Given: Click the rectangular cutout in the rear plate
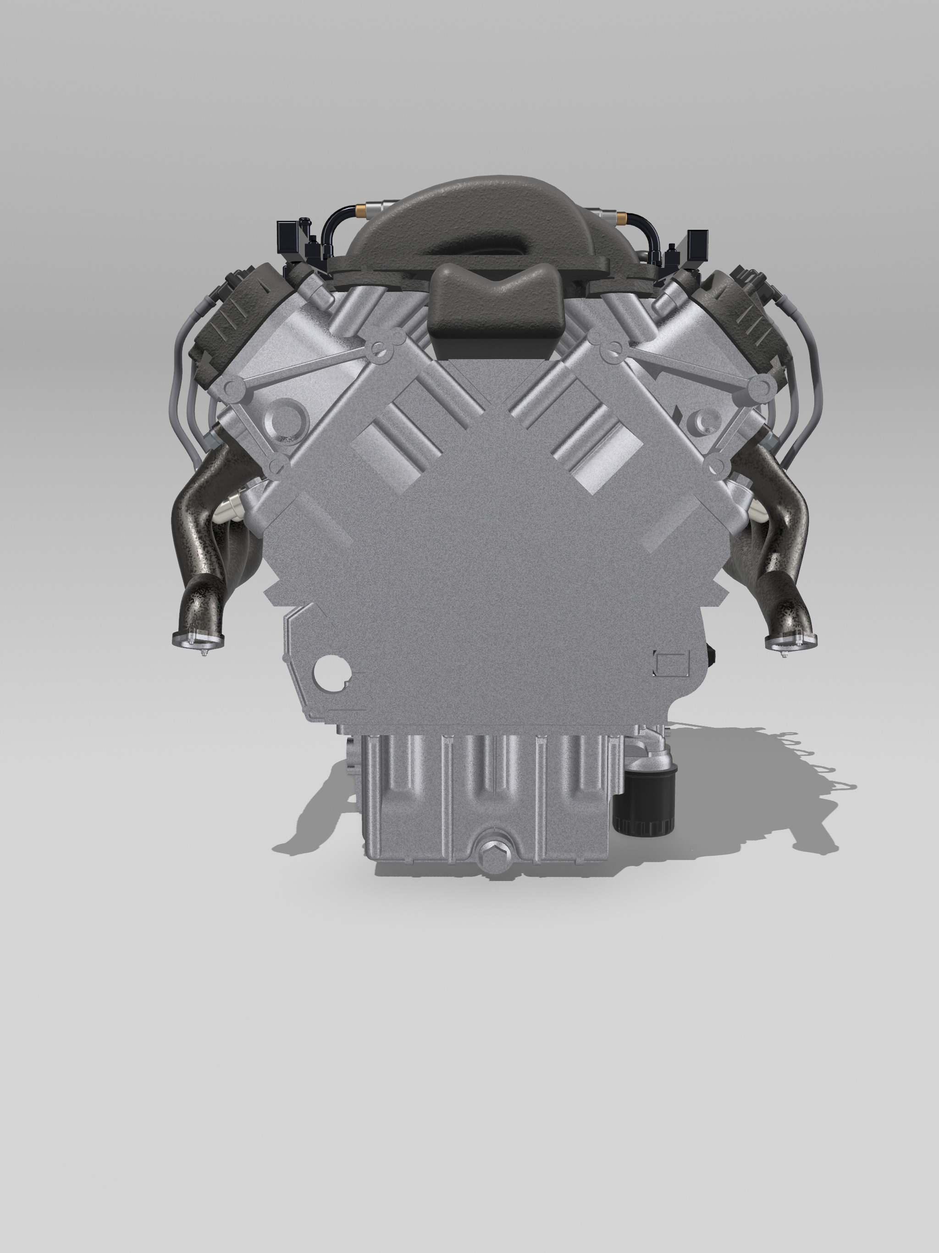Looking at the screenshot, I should point(672,662).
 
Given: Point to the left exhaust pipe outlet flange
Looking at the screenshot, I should point(198,640).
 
